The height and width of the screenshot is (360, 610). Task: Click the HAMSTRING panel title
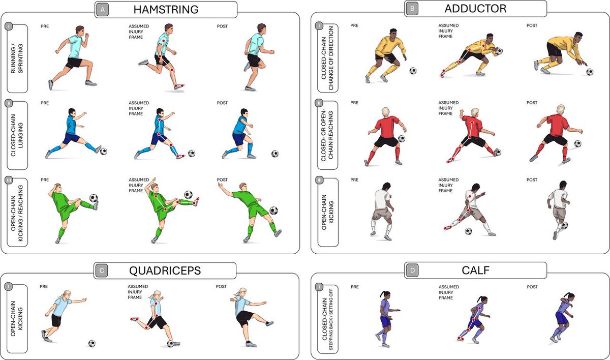click(x=166, y=9)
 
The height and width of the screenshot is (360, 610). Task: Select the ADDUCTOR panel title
click(x=475, y=9)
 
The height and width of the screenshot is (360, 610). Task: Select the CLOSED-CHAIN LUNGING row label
click(x=17, y=136)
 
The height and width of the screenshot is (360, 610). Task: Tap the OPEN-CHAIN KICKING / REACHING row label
click(x=17, y=213)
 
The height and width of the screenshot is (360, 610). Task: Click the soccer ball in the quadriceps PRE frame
click(x=91, y=343)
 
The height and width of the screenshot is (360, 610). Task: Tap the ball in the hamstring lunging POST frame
click(x=275, y=154)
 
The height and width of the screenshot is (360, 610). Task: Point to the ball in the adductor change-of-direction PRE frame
click(x=413, y=71)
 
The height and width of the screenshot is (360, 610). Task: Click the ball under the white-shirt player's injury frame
click(x=468, y=231)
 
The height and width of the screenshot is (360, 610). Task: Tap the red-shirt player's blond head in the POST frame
click(x=561, y=109)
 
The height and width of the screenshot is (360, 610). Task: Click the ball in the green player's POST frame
click(x=274, y=211)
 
